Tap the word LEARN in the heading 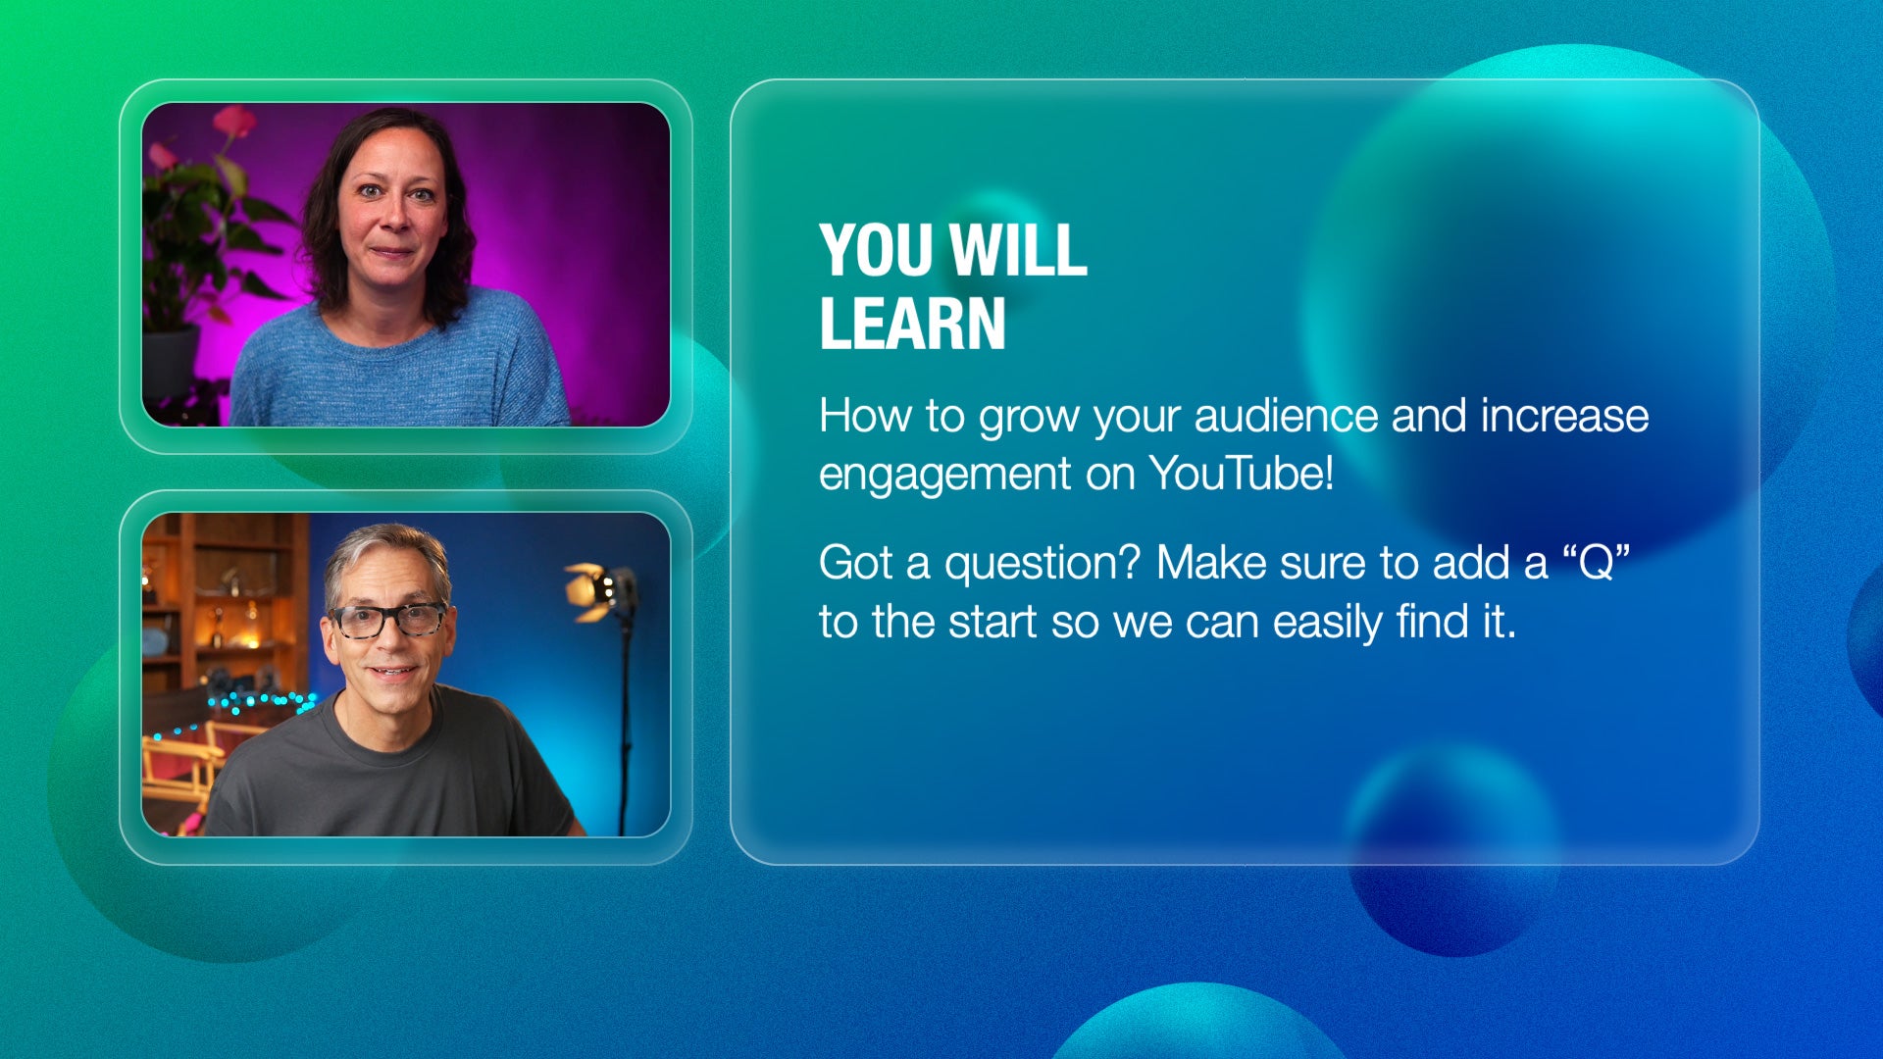tap(913, 324)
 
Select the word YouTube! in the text tap(1242, 474)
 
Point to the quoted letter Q tap(1597, 563)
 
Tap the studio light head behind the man tap(600, 590)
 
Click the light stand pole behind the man tap(625, 726)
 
